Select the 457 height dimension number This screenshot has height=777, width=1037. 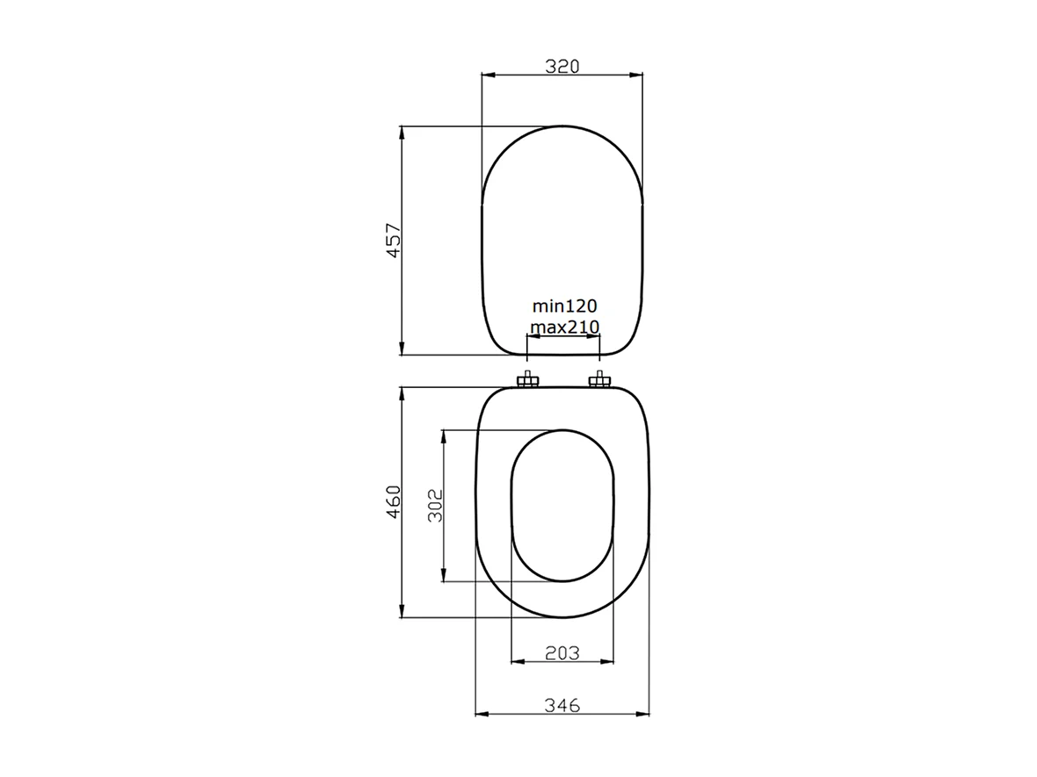click(x=394, y=241)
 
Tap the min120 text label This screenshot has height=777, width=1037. click(x=564, y=306)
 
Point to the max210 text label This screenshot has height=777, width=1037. click(x=564, y=327)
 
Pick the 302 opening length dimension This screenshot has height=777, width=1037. click(x=435, y=506)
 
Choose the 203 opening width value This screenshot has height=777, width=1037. click(x=562, y=652)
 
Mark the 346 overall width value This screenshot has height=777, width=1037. click(x=562, y=705)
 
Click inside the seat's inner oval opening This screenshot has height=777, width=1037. click(x=562, y=506)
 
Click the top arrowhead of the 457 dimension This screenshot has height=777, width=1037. click(x=402, y=132)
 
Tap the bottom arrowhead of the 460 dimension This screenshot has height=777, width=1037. click(x=402, y=613)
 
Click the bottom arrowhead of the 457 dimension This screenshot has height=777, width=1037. click(x=402, y=349)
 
